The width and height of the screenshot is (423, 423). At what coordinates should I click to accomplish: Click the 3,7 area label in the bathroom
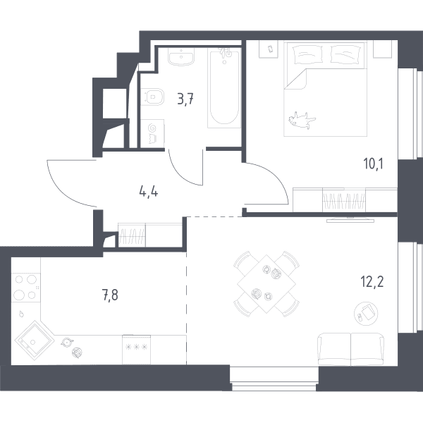coord(185,99)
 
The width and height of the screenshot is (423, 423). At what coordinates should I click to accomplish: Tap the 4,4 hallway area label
coord(149,192)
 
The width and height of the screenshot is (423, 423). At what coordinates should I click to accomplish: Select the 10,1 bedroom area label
coord(374,164)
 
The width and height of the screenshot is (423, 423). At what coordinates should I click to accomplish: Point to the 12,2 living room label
coord(372,282)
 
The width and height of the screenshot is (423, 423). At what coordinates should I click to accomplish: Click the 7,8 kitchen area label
coord(110,295)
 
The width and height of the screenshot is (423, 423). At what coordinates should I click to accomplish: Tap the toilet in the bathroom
coord(152,97)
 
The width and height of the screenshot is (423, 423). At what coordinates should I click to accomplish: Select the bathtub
coord(224,88)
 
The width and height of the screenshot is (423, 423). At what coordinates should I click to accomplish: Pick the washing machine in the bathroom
coord(152,133)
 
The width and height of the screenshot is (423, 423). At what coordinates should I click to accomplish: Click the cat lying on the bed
coord(301,121)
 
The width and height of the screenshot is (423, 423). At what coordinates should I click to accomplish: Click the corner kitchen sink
coord(34,341)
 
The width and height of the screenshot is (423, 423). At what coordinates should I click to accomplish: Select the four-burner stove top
coord(26,287)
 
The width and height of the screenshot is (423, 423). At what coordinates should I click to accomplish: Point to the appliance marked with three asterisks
coord(136,350)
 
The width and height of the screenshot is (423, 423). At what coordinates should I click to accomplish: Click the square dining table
coord(266,284)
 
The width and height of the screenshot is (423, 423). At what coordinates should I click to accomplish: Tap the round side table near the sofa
coord(366,314)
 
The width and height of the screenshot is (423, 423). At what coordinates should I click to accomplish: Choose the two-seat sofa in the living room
coord(351,349)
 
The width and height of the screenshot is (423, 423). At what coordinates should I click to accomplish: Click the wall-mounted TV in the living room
coord(350,220)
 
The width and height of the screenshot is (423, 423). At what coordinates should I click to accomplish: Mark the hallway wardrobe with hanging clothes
coord(150,235)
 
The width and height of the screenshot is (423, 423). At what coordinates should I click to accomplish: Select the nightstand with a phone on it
coord(269,49)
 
